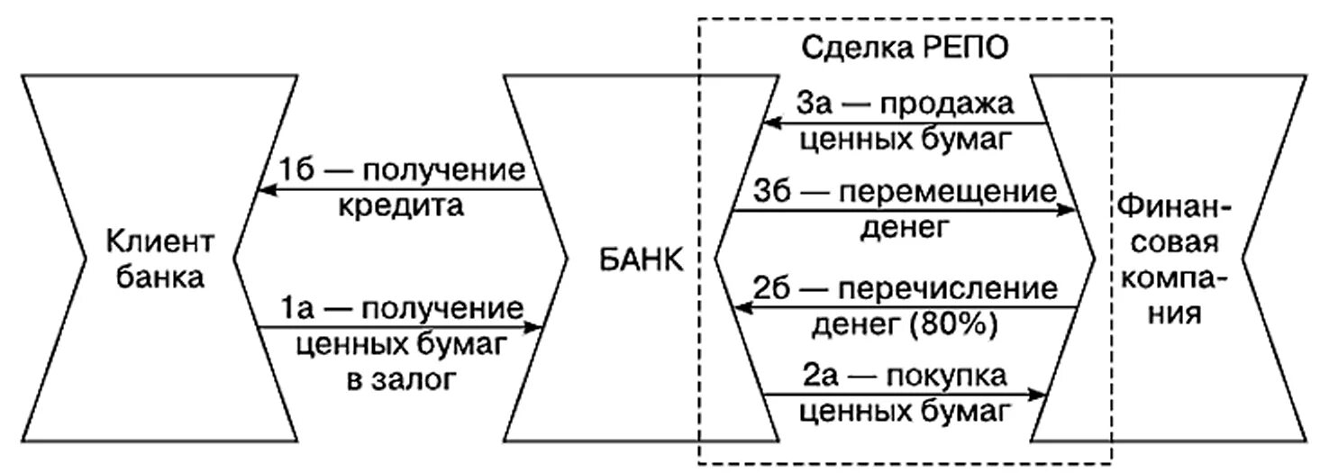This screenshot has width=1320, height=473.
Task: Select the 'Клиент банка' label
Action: (159, 260)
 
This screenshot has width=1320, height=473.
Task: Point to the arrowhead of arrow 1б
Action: (262, 190)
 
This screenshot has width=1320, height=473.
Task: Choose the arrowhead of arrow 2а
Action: (1042, 394)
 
